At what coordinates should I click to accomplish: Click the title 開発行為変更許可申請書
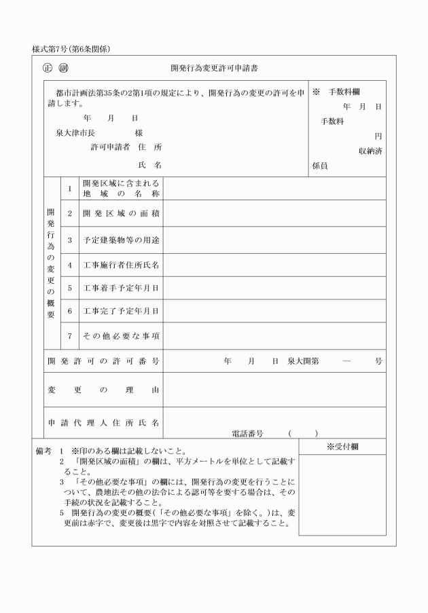214,69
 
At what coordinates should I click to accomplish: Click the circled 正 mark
47,68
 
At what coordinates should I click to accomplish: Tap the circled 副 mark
63,68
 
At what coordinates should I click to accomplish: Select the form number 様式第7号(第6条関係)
71,49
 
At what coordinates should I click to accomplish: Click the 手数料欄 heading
344,92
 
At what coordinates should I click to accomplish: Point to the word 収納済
370,151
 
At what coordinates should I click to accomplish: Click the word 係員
320,165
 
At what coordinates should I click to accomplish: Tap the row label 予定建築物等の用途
120,240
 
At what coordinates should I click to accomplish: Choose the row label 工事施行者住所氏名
120,264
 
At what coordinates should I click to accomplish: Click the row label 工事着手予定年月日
120,288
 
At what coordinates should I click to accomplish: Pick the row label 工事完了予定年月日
120,311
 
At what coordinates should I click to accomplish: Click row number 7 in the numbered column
69,335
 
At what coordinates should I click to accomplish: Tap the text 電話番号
246,432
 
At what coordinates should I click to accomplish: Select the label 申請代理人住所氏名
103,422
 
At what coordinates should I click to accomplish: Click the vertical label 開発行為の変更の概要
51,263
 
